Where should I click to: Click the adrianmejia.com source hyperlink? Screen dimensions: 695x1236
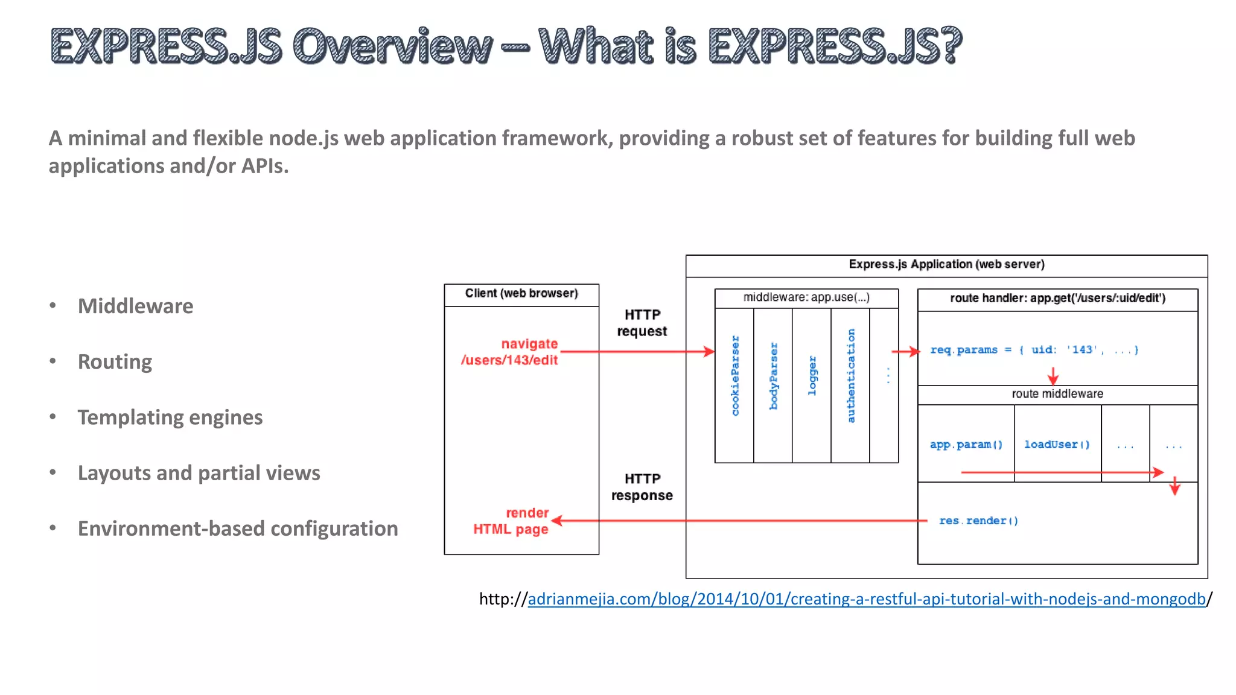(x=866, y=599)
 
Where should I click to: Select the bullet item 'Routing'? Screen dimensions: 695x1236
(x=115, y=362)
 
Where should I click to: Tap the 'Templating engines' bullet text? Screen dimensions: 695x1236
(x=170, y=417)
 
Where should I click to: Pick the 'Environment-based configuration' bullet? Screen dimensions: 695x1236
(x=238, y=528)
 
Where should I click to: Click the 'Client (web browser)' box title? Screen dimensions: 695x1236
(x=521, y=294)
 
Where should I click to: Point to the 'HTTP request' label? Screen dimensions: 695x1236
(x=642, y=323)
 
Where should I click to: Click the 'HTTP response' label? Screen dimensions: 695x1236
(x=642, y=487)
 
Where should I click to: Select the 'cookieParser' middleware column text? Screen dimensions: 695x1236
(x=735, y=375)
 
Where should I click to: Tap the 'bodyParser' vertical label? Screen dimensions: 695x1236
(x=774, y=376)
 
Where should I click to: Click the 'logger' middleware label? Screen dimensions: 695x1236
(x=812, y=375)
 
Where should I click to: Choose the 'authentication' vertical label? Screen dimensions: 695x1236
(x=851, y=375)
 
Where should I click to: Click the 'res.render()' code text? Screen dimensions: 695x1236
(x=978, y=521)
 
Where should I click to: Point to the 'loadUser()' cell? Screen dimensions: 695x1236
(x=1057, y=445)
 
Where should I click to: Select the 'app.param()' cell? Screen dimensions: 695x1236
(x=966, y=445)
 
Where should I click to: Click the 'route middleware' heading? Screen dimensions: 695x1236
(x=1057, y=394)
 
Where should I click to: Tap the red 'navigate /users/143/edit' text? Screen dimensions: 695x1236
(x=510, y=352)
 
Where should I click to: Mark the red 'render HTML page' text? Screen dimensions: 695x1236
(x=511, y=521)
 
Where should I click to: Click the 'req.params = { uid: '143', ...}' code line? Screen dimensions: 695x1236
(x=1034, y=350)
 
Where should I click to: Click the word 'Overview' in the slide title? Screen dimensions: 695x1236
(x=392, y=46)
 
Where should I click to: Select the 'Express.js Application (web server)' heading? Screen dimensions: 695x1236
(x=946, y=264)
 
